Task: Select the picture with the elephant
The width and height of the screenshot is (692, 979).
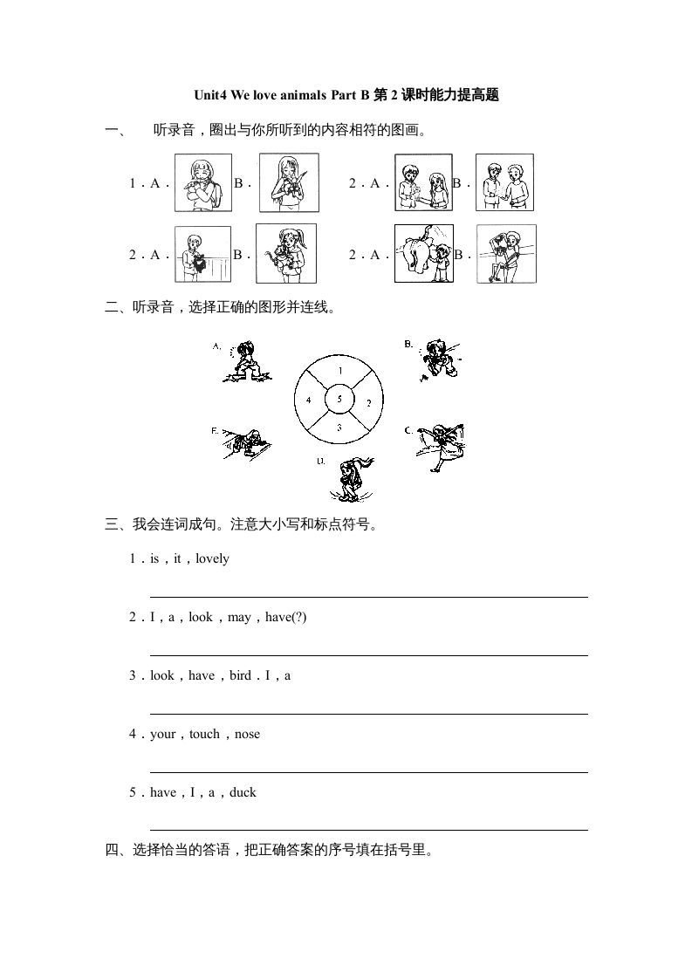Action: coord(423,253)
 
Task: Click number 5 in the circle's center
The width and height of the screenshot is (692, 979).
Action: coord(339,400)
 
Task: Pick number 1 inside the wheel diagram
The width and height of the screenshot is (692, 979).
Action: coord(339,371)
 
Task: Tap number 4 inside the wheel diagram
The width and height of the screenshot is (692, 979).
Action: coord(308,400)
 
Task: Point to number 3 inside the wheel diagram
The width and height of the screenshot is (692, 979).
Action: coord(339,428)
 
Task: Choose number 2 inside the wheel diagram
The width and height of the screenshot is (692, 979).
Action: coord(369,402)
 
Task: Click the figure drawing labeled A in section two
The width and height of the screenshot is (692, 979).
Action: coord(247,362)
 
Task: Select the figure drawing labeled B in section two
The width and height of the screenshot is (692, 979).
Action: coord(441,359)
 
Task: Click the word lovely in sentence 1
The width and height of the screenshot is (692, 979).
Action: coord(212,558)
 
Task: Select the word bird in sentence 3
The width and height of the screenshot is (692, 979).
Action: coord(240,675)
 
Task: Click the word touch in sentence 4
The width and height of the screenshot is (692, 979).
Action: coord(204,734)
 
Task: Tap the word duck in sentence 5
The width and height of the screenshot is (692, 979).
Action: coord(243,792)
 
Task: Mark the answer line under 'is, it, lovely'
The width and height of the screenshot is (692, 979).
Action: coord(368,597)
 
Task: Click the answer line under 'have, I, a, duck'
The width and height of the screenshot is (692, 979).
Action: coord(368,830)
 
